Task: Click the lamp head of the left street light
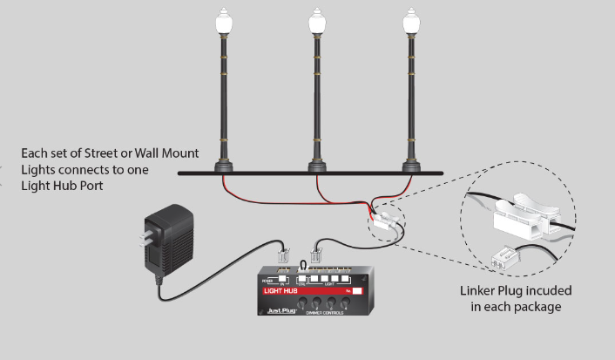pyautogui.click(x=219, y=24)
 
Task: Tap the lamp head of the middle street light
pyautogui.click(x=317, y=24)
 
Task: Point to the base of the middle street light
pyautogui.click(x=317, y=164)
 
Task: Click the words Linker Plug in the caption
pyautogui.click(x=489, y=290)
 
